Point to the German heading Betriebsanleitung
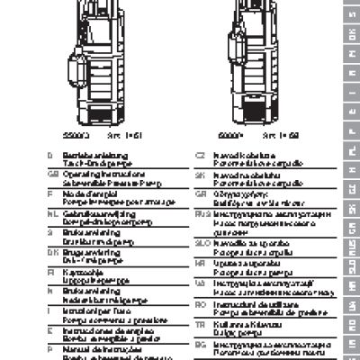click(x=85, y=154)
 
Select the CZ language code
click(x=202, y=154)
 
